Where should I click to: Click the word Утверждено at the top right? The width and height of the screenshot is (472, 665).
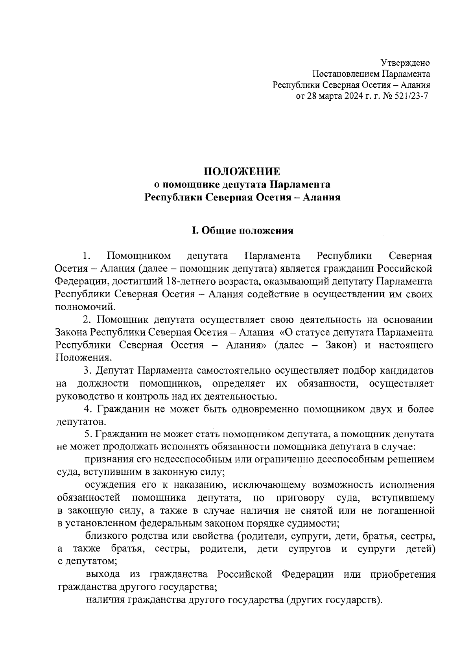click(405, 63)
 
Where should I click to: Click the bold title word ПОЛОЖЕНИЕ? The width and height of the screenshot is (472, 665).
click(242, 171)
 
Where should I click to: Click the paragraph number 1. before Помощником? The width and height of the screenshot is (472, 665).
click(87, 256)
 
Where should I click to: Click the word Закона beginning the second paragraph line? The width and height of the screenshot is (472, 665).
click(72, 333)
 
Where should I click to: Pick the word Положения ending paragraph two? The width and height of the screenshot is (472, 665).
click(83, 358)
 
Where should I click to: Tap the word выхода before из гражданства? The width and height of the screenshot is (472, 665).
click(103, 575)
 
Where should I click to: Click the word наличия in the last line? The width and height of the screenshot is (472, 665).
click(104, 601)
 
